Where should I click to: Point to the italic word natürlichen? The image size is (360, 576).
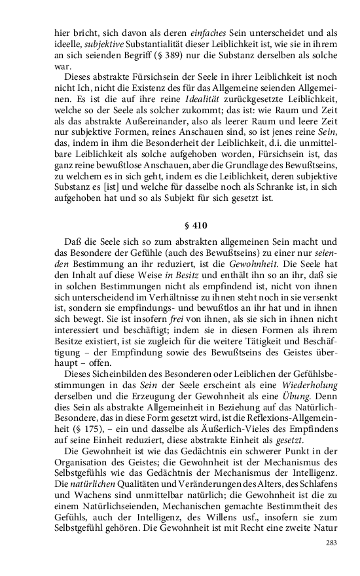coord(99,483)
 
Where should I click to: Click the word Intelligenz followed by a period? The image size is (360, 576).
coord(312,471)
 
